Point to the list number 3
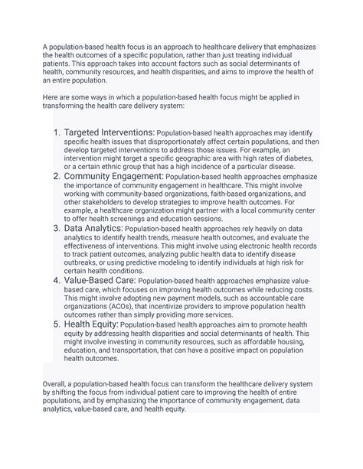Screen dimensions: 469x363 pyautogui.click(x=58, y=228)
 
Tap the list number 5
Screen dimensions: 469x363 pyautogui.click(x=58, y=324)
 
